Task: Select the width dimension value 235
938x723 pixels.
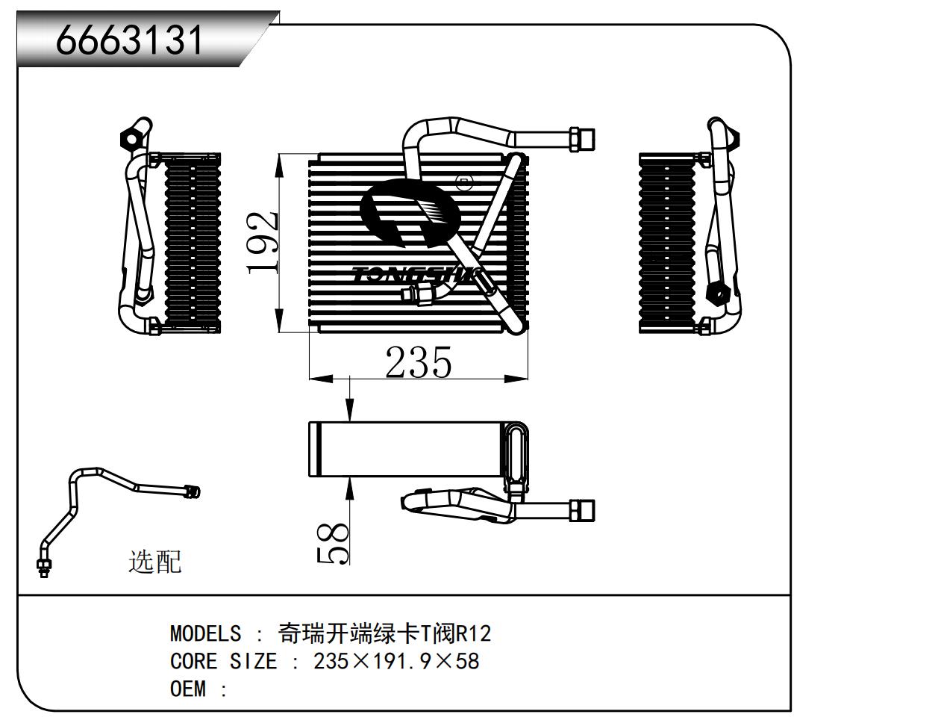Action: [x=418, y=363]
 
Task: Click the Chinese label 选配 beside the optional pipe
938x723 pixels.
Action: [x=155, y=561]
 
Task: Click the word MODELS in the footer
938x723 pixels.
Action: [x=205, y=634]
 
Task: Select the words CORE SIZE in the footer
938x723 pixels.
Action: [x=223, y=662]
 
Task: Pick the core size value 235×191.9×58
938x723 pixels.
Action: [x=396, y=662]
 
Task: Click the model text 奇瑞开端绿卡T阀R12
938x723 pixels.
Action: [x=384, y=634]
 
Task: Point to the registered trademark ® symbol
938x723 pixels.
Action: [x=463, y=181]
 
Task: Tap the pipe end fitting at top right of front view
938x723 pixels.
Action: [x=581, y=140]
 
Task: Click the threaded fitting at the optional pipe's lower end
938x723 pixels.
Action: [x=43, y=566]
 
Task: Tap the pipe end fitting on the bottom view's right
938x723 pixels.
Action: [x=582, y=510]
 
